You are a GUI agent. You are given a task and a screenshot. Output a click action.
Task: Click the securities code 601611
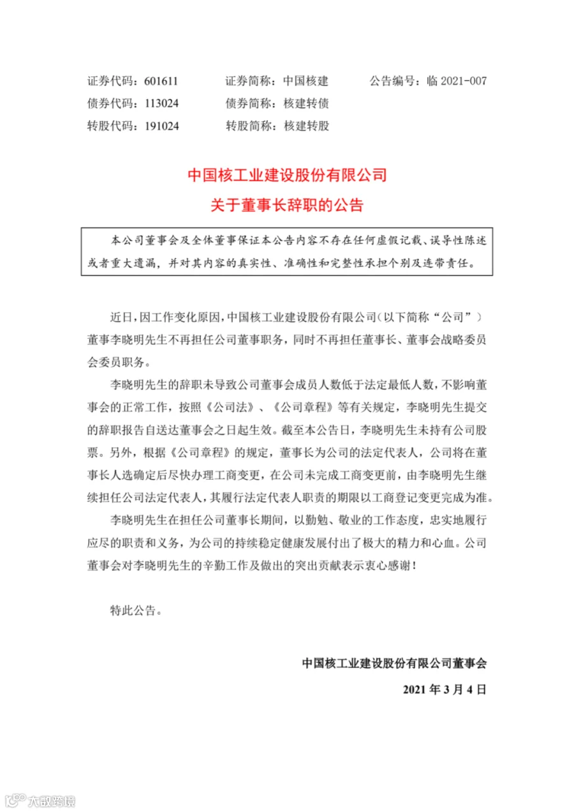(161, 81)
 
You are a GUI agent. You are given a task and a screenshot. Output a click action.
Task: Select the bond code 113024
(161, 103)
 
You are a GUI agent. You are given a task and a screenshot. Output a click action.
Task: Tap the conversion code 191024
(161, 126)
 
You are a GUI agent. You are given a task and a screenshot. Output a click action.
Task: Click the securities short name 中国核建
(306, 81)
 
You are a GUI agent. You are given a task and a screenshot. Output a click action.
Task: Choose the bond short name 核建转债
(306, 103)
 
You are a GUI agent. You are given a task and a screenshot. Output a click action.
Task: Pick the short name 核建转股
(306, 126)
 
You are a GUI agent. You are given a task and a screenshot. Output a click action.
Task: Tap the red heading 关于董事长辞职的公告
(287, 205)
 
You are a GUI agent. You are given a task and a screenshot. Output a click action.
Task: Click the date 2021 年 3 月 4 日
(445, 689)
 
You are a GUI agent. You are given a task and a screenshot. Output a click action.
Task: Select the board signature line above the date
(394, 663)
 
